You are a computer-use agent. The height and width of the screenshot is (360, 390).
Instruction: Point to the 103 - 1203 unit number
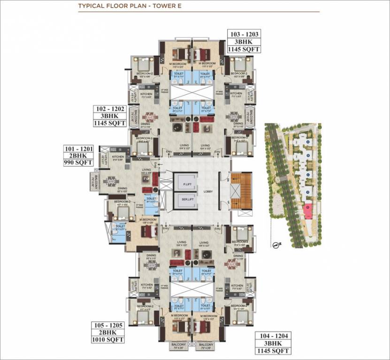tap(244, 34)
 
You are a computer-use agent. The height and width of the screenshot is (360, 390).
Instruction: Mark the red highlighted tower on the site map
tap(308, 210)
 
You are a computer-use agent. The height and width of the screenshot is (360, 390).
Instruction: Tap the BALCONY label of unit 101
tap(93, 182)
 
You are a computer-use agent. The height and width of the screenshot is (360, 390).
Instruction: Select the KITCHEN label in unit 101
tap(118, 157)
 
